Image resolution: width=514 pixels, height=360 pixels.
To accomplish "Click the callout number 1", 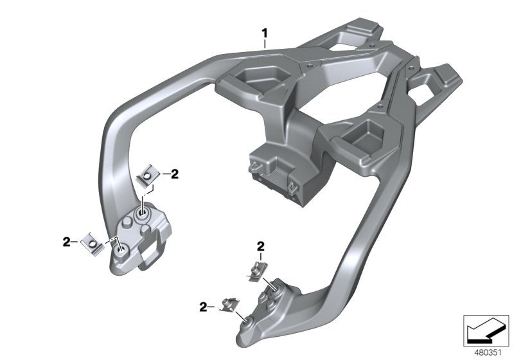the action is [x=264, y=33].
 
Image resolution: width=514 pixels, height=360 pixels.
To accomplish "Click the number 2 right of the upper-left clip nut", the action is [x=175, y=174].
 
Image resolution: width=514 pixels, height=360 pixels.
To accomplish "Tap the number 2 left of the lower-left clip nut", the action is [x=67, y=242].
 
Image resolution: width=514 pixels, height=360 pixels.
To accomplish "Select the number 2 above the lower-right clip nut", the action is [x=261, y=246].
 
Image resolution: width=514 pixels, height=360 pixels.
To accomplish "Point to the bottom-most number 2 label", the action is [x=204, y=307].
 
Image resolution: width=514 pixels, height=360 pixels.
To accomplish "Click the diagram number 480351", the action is [x=488, y=353].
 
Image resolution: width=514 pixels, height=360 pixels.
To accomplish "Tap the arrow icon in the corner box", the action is [x=486, y=331].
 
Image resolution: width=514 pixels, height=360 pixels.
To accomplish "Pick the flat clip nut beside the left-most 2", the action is [x=93, y=244].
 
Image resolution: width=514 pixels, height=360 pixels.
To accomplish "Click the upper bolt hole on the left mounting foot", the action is [x=143, y=215].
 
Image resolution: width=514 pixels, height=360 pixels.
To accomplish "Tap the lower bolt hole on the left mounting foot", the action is [x=121, y=250].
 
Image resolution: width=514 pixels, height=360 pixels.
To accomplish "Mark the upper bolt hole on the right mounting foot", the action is [x=274, y=287].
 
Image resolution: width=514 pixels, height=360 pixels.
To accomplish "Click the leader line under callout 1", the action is [x=265, y=44].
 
